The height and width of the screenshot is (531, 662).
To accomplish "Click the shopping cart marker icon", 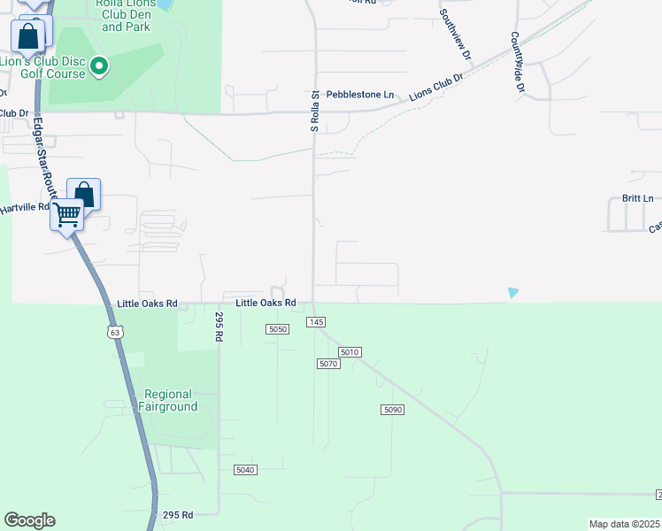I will coord(68,214).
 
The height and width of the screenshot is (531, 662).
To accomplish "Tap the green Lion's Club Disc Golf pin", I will coord(100,65).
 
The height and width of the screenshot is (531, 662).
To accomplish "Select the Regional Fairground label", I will coord(167,400).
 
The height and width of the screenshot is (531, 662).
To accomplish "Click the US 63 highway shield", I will coord(113,332).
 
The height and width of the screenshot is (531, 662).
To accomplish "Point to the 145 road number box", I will coord(316,321).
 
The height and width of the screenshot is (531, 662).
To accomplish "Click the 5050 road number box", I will coord(278,329).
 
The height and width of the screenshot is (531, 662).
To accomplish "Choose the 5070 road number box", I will coord(328,364).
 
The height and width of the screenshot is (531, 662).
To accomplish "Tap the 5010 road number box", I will coord(350,352).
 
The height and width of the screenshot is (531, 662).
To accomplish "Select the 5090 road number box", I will coord(393,409).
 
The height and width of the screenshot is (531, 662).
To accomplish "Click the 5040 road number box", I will coord(245,469).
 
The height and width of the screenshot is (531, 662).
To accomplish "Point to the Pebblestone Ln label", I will coord(360,94).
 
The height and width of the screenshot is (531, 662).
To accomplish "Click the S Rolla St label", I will coord(314,111).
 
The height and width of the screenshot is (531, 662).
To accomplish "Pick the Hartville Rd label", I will coord(24,209).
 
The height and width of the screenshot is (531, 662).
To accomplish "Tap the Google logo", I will coord(29,520).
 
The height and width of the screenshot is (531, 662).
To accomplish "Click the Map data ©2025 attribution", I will coord(625,524).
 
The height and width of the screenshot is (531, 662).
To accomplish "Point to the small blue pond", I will coord(512,293).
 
